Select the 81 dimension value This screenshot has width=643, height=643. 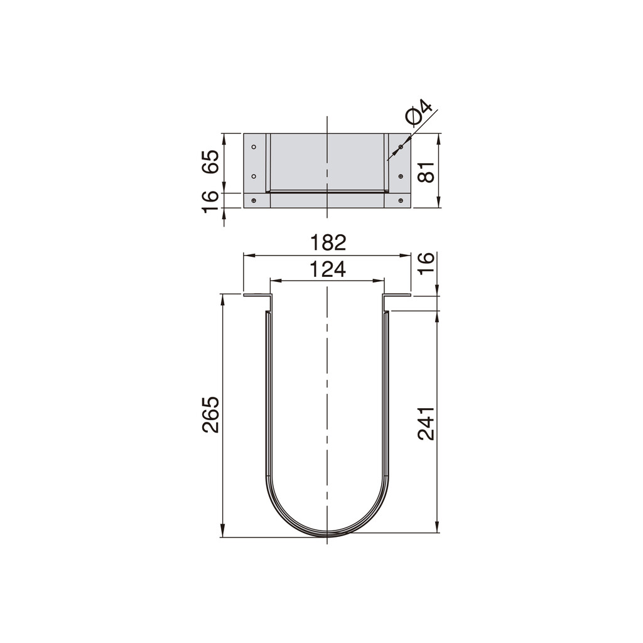click(x=426, y=170)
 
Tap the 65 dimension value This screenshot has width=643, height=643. click(x=211, y=162)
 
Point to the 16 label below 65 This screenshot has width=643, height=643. click(x=211, y=200)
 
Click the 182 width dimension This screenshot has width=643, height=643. click(x=327, y=242)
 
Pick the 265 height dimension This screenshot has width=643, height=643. click(x=211, y=414)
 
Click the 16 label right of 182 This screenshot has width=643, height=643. click(x=426, y=262)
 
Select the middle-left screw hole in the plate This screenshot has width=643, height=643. click(x=254, y=176)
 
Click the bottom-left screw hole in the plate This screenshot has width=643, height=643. click(x=254, y=201)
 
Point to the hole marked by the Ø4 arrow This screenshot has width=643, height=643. click(x=401, y=147)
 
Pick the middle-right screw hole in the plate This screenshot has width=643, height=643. click(x=401, y=176)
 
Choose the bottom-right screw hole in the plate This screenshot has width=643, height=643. click(x=401, y=201)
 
